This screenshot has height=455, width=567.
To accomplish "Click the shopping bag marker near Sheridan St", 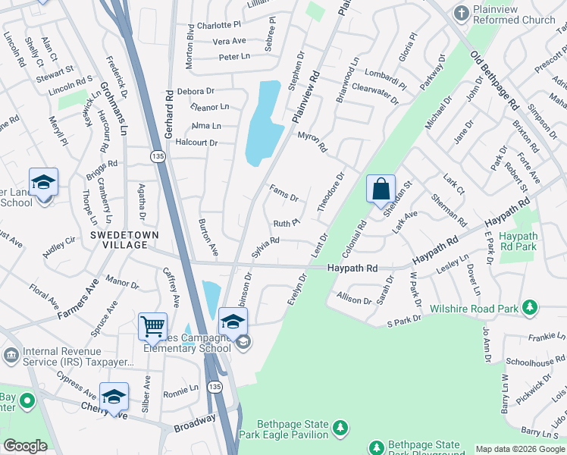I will (381, 189).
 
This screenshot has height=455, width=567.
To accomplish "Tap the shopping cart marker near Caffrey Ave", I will (152, 327).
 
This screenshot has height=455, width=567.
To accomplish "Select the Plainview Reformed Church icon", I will (460, 13).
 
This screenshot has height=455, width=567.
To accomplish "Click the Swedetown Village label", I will (124, 235).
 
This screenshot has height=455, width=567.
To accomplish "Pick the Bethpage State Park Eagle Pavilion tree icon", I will (341, 428).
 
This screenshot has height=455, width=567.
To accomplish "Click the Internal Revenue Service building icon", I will (11, 355).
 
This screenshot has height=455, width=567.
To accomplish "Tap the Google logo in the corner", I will (25, 445).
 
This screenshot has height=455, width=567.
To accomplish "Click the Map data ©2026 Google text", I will (520, 449).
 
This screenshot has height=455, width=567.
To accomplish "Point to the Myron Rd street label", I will (312, 141).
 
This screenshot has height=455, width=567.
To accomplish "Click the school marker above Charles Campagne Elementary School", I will (233, 321).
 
